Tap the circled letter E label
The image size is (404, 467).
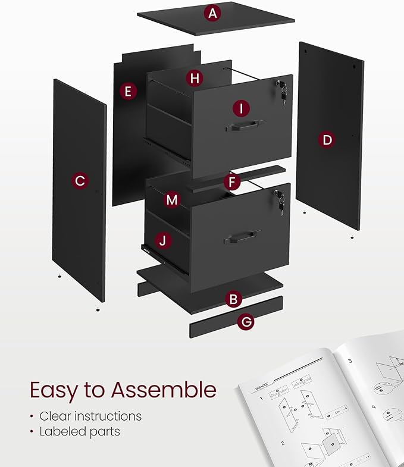[128, 91]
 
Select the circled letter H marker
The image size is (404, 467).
[194, 77]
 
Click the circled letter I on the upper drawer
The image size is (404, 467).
[240, 108]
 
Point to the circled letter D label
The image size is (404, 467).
[327, 140]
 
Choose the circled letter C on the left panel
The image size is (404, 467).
[80, 180]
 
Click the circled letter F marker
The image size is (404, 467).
[233, 181]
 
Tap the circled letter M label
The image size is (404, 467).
[172, 200]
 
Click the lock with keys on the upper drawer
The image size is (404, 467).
[281, 90]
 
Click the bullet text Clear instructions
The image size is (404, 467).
[90, 416]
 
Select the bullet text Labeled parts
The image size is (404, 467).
[80, 431]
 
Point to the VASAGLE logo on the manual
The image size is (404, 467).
[261, 388]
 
